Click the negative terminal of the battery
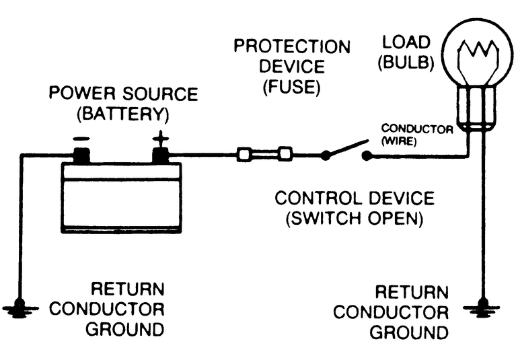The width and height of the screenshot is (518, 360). click(x=82, y=155)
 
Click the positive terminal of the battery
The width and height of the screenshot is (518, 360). click(x=161, y=155)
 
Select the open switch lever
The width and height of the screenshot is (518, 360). click(x=346, y=148)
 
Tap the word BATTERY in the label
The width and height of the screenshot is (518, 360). click(x=123, y=113)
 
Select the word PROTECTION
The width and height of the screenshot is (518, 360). click(x=292, y=47)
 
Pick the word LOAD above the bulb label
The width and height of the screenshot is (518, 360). click(x=406, y=42)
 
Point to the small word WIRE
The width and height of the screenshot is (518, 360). click(x=400, y=143)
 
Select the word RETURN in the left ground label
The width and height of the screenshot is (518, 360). click(x=128, y=290)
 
